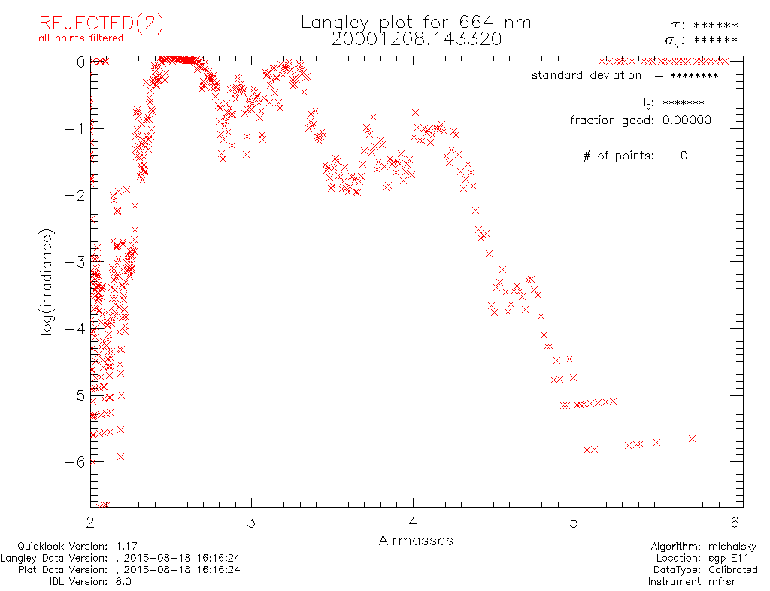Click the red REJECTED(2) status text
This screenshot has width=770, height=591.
pyautogui.click(x=102, y=23)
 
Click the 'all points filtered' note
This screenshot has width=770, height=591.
pyautogui.click(x=81, y=38)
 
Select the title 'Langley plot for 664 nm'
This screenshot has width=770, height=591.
pyautogui.click(x=416, y=23)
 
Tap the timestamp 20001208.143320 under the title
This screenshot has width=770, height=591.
pyautogui.click(x=416, y=39)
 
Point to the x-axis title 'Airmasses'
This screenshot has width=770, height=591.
pyautogui.click(x=416, y=540)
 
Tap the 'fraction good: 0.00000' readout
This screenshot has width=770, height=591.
pyautogui.click(x=640, y=120)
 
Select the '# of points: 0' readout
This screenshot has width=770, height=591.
pyautogui.click(x=635, y=156)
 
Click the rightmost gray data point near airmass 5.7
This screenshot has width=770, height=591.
pyautogui.click(x=692, y=438)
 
